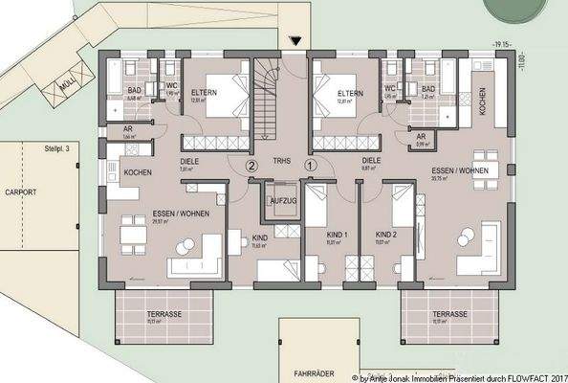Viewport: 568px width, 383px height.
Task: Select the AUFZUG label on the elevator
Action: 282,201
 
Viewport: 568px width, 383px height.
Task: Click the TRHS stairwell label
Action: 280,161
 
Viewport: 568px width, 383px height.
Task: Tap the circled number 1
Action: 310,165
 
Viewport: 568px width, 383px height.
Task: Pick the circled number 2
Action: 251,165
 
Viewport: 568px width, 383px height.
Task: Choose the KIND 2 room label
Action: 385,234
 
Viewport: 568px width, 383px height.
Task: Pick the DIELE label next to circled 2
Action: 189,162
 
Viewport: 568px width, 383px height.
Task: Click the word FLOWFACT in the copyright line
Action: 521,377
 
